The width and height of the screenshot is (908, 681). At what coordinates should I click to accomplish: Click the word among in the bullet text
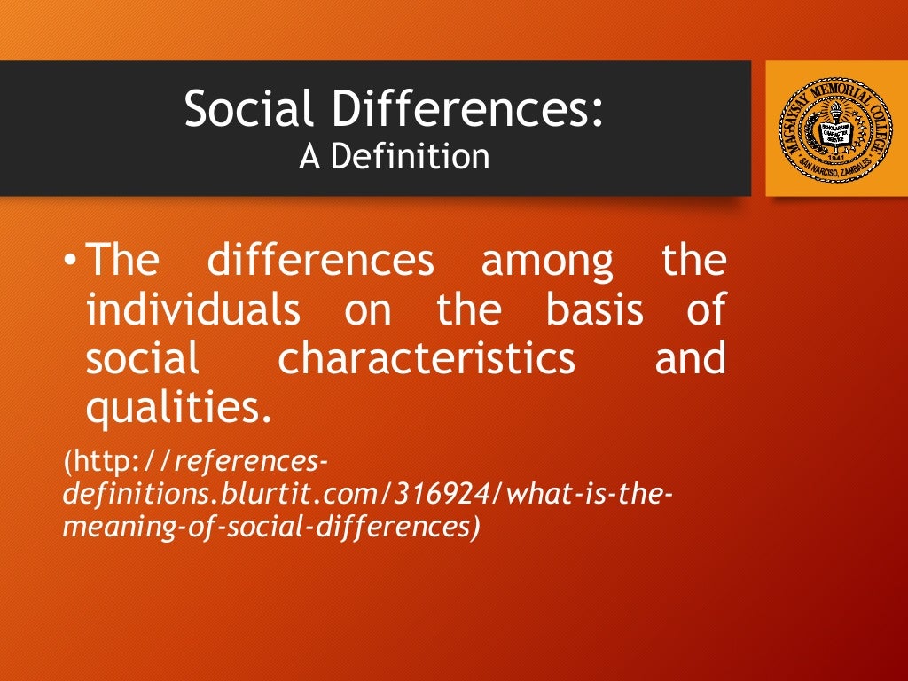[546, 262]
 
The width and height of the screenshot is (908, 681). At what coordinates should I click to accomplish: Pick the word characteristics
[426, 360]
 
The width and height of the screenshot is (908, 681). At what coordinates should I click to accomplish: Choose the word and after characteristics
[691, 360]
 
